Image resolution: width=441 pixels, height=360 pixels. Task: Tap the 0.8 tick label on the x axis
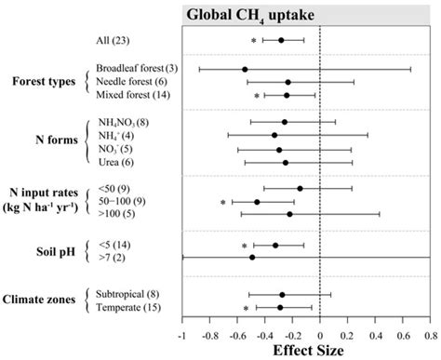[x=429, y=335]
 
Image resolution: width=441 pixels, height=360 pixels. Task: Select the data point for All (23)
[x=281, y=40]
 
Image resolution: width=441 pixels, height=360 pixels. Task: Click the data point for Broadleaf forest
[x=245, y=70]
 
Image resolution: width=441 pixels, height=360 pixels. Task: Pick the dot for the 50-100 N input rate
[x=257, y=202]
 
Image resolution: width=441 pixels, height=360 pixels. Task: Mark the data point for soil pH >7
[x=252, y=257]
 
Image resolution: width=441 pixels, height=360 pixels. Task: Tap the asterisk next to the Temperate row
[x=247, y=308]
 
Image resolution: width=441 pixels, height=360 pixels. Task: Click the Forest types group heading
[x=41, y=82]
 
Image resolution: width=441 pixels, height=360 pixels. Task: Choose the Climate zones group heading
[x=43, y=300]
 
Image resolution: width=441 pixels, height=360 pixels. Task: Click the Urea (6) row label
[x=116, y=162]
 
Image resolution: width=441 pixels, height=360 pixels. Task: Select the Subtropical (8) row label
[x=131, y=294]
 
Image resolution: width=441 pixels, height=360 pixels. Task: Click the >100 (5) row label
[x=116, y=214]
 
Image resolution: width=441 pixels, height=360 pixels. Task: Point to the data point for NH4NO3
[x=285, y=122]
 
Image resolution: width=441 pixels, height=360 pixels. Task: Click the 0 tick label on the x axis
[x=319, y=335]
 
